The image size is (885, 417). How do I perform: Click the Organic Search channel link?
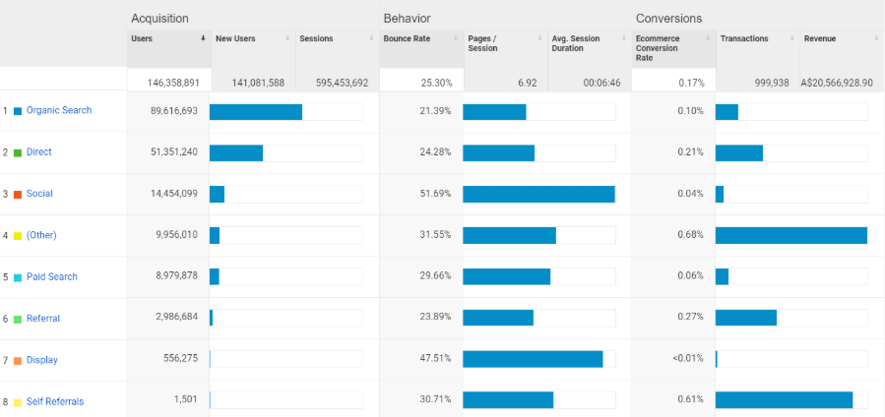point(59,110)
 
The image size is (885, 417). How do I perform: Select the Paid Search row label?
point(51,276)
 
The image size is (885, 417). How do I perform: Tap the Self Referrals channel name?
point(54,401)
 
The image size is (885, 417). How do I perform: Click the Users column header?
point(143,38)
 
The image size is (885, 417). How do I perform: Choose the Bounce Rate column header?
point(407,38)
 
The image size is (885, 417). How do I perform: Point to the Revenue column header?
point(820,38)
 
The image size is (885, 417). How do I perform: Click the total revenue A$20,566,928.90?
point(838,83)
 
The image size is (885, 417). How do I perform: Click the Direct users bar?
point(236,152)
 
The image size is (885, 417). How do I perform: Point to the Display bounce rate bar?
point(533,360)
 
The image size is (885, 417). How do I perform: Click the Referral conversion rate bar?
point(746,319)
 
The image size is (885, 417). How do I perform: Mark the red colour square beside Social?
point(18,194)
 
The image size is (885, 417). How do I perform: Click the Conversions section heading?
point(668,18)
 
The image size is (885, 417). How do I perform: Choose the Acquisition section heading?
point(159,18)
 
